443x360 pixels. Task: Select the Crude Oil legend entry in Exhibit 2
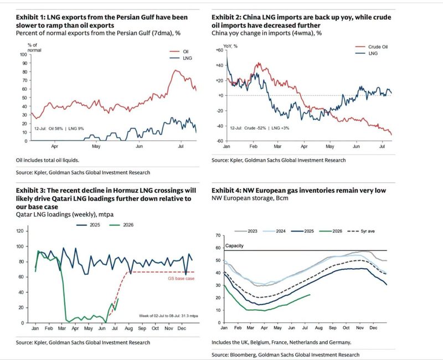[371, 47]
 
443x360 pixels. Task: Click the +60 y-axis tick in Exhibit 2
[219, 50]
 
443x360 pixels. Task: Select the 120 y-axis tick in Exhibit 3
[20, 231]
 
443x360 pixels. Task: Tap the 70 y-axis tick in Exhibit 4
[218, 235]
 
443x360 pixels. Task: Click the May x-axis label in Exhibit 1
[96, 146]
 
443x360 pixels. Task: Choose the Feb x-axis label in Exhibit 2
[254, 146]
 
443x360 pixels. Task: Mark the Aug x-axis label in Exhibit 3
[128, 328]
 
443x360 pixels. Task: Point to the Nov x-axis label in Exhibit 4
[360, 328]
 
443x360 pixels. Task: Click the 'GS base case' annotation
[181, 279]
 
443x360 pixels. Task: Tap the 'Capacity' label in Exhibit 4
[234, 246]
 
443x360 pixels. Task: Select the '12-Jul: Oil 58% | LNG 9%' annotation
[59, 128]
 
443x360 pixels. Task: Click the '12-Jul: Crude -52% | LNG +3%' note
[259, 128]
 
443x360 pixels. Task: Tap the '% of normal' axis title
[34, 48]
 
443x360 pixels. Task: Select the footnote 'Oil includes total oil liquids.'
[48, 160]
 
